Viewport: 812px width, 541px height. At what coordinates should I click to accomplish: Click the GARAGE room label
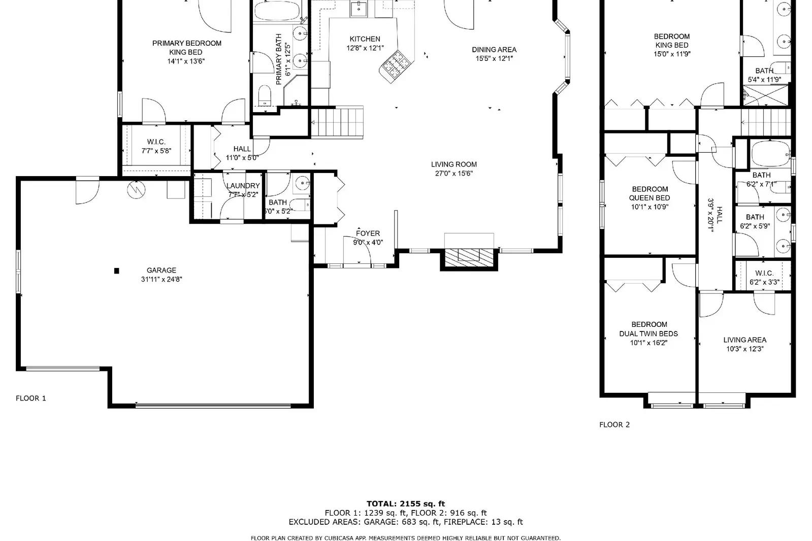click(161, 270)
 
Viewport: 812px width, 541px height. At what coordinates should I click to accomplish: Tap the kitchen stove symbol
click(397, 66)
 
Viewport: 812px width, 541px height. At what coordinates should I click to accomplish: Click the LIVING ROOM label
click(454, 164)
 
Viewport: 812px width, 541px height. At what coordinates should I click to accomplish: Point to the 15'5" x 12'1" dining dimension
click(494, 59)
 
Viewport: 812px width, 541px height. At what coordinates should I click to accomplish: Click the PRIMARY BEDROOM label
click(187, 44)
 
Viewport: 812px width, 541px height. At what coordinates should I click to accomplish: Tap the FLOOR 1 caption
click(31, 398)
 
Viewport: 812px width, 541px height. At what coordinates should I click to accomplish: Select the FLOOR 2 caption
click(614, 425)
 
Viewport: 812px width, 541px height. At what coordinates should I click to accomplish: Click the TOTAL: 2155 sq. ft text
click(406, 503)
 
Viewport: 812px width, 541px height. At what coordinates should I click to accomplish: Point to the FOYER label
click(368, 233)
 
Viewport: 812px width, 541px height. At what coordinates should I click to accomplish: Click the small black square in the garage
click(117, 270)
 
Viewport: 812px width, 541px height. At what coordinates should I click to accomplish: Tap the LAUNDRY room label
click(243, 186)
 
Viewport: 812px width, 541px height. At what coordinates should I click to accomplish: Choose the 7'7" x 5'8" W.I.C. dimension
click(156, 151)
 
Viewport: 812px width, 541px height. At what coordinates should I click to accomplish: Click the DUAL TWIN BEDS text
click(648, 334)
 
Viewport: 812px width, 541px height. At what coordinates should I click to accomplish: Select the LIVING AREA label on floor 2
click(745, 340)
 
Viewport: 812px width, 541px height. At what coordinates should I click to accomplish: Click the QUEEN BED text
click(649, 198)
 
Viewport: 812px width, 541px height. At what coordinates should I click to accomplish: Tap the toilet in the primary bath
click(265, 95)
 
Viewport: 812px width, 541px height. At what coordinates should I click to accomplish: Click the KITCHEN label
click(365, 39)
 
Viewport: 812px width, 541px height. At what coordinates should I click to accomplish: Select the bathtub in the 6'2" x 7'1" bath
click(770, 154)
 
